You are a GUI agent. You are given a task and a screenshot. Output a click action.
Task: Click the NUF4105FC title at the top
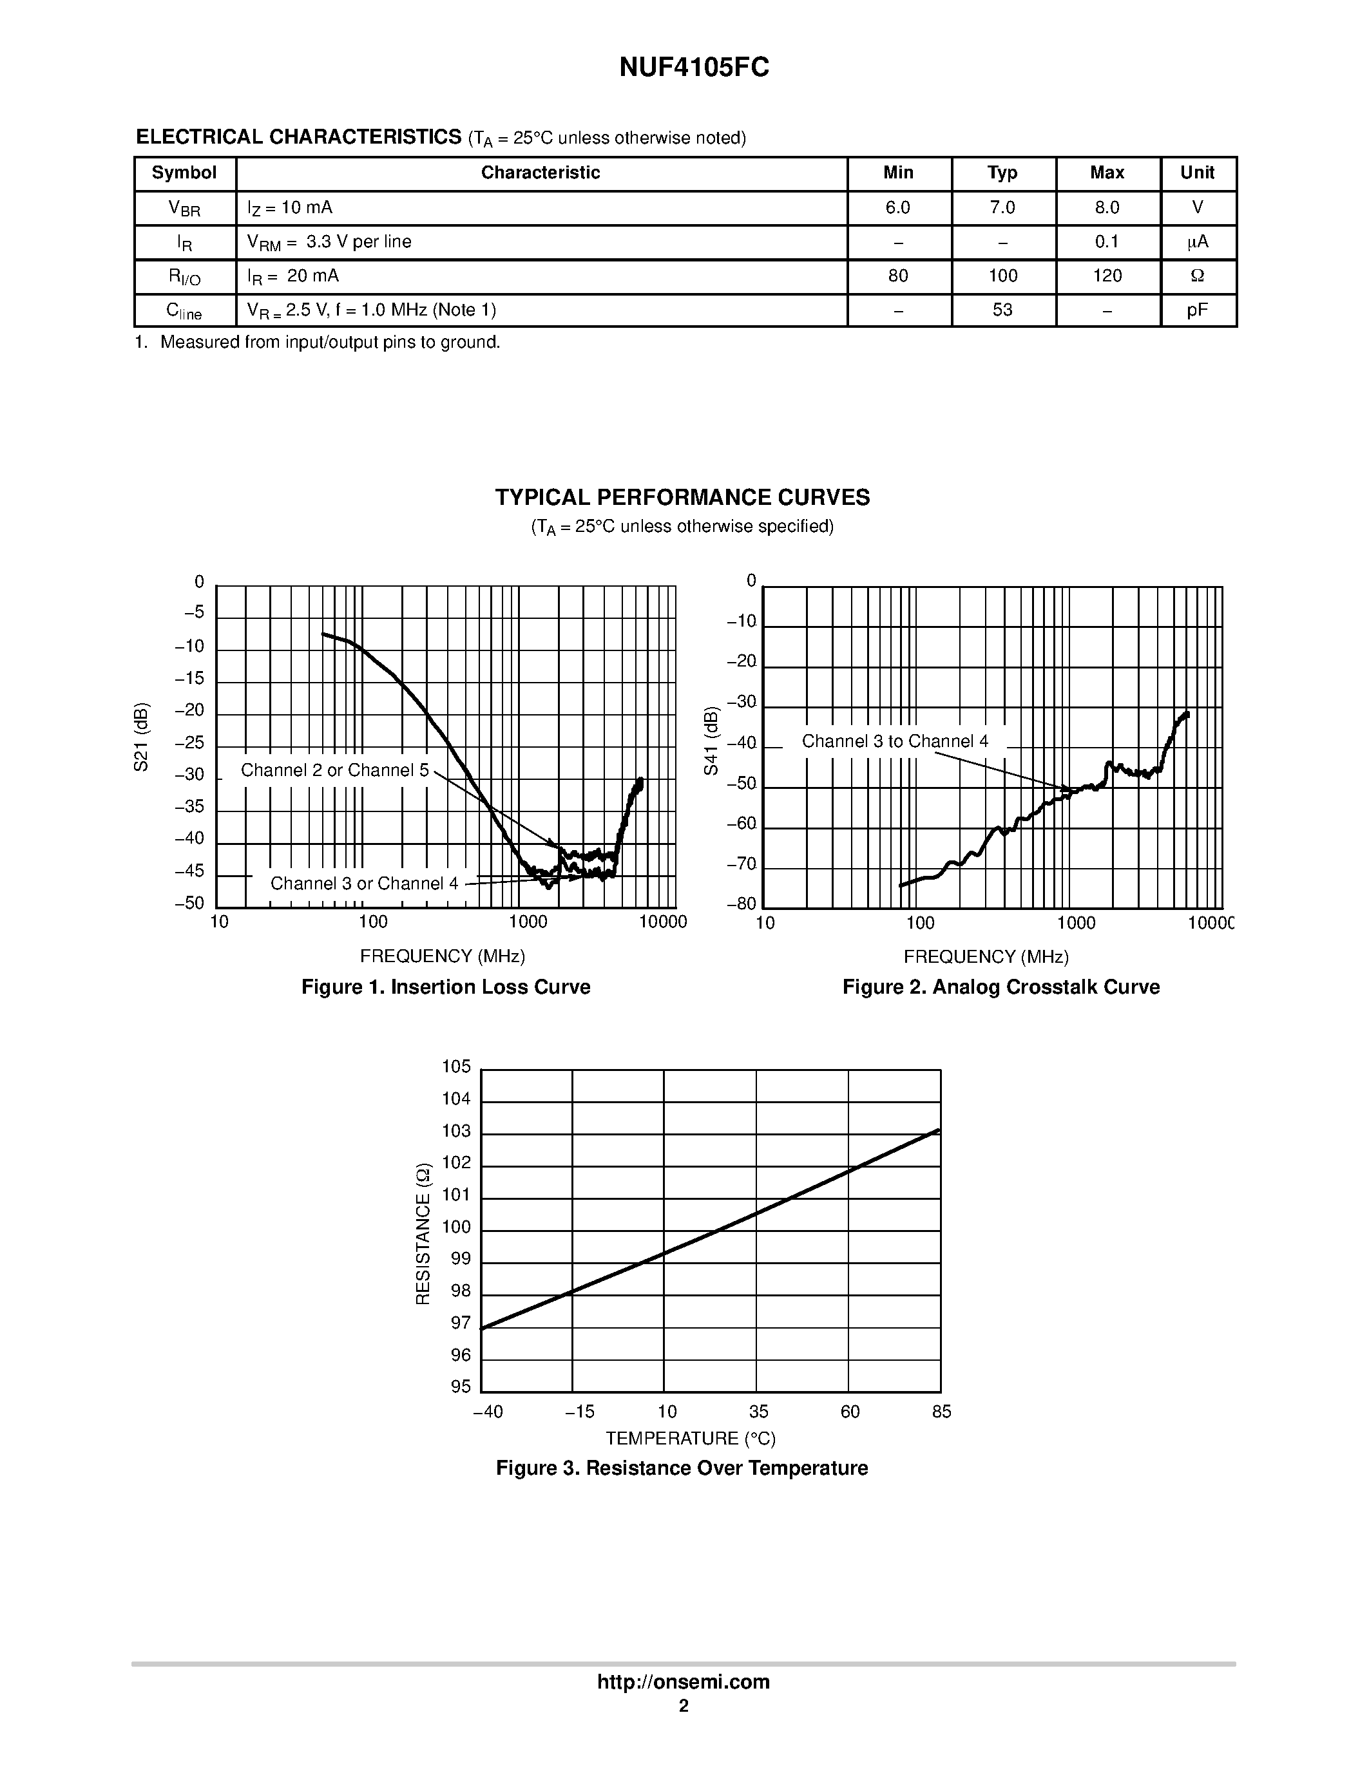coord(693,68)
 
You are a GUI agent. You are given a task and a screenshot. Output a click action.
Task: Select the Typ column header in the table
coord(1002,173)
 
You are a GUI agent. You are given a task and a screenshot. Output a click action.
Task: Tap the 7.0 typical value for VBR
coord(1002,207)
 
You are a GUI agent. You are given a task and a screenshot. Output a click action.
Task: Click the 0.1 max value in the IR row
coord(1106,241)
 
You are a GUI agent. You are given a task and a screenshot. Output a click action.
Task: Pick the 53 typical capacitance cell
coord(1002,310)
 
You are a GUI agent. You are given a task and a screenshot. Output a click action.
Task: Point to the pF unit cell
coord(1197,310)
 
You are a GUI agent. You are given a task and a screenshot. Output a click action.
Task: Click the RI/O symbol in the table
coord(184,276)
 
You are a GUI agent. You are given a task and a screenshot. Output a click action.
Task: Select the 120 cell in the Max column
coord(1106,276)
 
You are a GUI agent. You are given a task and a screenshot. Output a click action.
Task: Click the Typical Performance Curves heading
coord(682,497)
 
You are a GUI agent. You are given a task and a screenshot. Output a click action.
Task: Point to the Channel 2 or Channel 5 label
coord(334,770)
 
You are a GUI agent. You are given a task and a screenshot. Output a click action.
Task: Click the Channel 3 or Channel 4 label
coord(364,883)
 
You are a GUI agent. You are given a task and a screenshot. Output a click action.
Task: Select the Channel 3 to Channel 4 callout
coord(895,741)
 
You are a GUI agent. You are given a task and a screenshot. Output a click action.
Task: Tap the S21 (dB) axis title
coord(141,737)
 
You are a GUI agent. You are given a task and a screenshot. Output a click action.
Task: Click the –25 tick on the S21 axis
coord(190,744)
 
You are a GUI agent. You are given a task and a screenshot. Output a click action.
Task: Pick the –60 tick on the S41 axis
coord(742,825)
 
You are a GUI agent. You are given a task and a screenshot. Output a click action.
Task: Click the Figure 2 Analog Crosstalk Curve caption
coord(1000,987)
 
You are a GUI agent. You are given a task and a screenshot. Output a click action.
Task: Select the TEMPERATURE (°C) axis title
coord(690,1439)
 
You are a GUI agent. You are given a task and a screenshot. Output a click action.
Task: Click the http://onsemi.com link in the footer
coord(683,1681)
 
